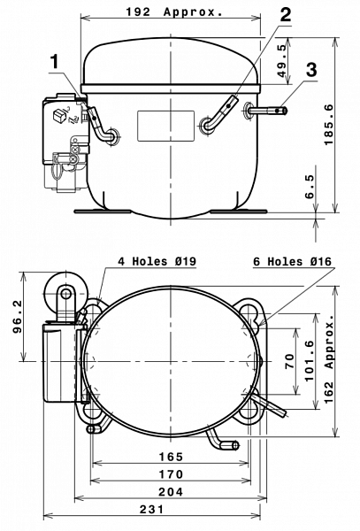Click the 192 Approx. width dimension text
coord(174,12)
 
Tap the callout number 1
coord(55,62)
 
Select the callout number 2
coord(286,14)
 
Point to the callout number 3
coord(311,69)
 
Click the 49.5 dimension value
coord(282,61)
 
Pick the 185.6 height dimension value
coord(328,125)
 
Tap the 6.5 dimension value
coord(310,187)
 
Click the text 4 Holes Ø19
coord(157,261)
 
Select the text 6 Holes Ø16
coord(292,261)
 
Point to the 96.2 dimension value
coord(18,317)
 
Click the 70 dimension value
coord(290,361)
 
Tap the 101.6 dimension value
coord(310,361)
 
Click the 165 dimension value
coord(171,457)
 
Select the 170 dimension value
coord(171,474)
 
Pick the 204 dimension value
coord(171,492)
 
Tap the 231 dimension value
coord(151,509)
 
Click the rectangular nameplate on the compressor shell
coord(165,126)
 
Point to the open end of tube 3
coord(285,111)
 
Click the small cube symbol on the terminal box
coord(59,115)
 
